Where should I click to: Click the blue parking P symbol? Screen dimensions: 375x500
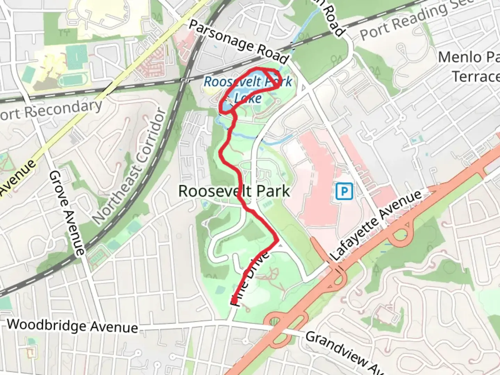(344, 191)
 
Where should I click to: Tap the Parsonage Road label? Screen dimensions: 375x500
(239, 42)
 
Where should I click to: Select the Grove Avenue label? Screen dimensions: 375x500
(67, 212)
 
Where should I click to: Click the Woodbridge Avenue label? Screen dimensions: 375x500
(72, 326)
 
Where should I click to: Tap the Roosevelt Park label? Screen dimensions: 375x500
(234, 191)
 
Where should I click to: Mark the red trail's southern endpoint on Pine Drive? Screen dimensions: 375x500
(234, 300)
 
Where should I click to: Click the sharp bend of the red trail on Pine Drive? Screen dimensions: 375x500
(276, 240)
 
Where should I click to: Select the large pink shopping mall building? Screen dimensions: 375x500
(312, 181)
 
